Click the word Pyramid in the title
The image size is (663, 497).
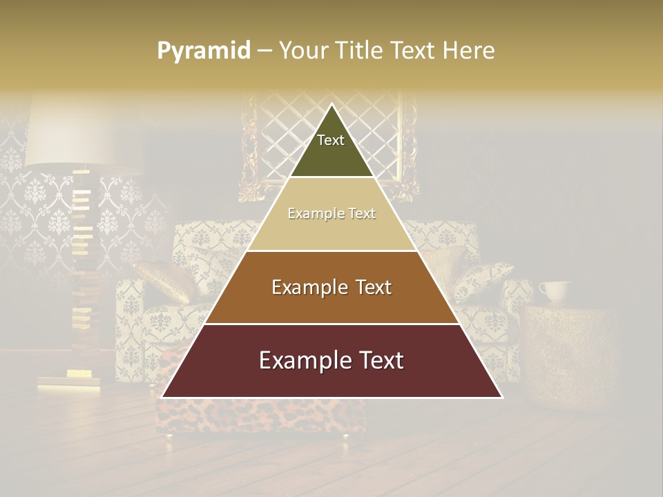pyautogui.click(x=204, y=51)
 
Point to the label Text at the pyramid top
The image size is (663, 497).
pyautogui.click(x=331, y=140)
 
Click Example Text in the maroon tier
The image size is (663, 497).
pyautogui.click(x=331, y=360)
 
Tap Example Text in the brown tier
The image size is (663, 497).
pyautogui.click(x=331, y=287)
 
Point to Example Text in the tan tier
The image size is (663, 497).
pyautogui.click(x=331, y=213)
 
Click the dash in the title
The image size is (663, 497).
pyautogui.click(x=265, y=51)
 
